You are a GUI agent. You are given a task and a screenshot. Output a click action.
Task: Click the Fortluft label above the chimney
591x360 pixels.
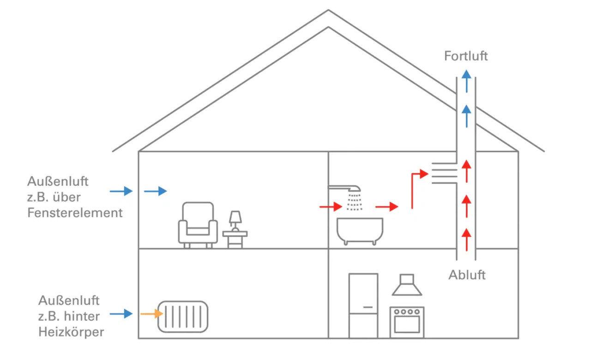(466, 56)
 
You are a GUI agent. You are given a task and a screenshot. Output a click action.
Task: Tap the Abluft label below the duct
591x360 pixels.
(467, 275)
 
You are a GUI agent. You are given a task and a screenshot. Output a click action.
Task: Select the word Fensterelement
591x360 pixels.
(75, 213)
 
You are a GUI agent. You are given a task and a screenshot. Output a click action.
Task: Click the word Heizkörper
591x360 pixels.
(71, 332)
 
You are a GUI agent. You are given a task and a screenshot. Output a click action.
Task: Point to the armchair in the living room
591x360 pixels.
(198, 224)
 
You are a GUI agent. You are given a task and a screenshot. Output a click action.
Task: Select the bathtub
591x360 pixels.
(360, 230)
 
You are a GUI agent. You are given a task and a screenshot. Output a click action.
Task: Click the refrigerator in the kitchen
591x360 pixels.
(363, 305)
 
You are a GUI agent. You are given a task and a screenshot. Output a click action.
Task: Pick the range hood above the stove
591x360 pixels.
(407, 285)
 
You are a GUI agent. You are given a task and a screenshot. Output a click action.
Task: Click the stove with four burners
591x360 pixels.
(407, 321)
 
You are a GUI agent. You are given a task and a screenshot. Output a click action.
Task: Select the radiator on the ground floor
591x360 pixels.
(183, 317)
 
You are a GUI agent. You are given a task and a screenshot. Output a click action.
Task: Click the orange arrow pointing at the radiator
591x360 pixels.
(151, 314)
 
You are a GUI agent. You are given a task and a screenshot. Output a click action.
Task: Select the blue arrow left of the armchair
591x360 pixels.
(155, 191)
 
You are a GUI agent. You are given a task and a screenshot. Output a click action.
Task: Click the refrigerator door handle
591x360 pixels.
(368, 306)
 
